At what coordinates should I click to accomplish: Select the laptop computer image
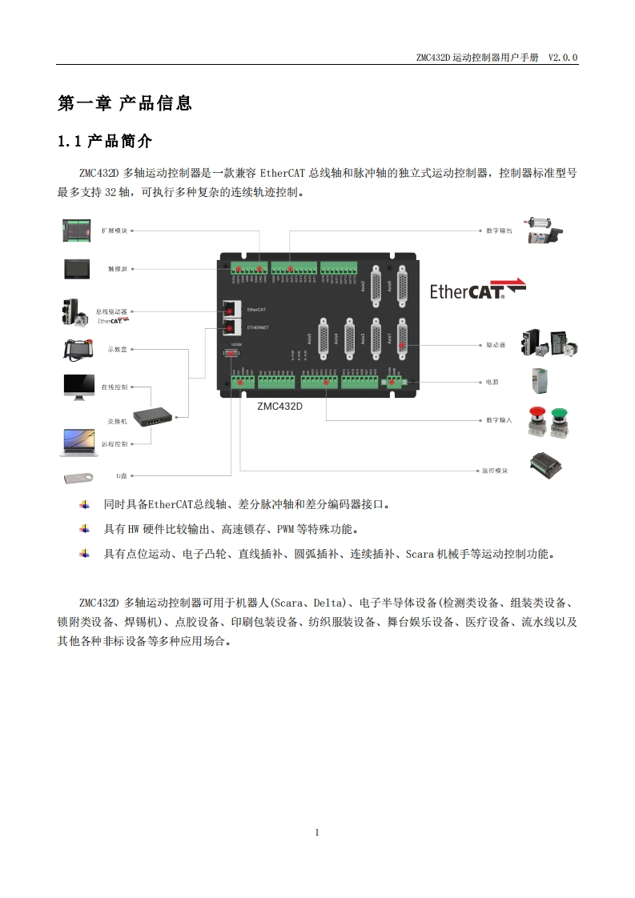coord(78,443)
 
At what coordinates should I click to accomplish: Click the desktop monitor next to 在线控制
coord(79,387)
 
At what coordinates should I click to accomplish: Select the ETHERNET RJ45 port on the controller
coord(231,328)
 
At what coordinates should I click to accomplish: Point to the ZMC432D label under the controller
coord(279,406)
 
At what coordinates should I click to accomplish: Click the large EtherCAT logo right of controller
coord(477,289)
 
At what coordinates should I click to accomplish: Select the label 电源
coord(492,383)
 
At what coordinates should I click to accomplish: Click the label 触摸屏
coord(118,270)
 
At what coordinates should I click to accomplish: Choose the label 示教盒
coord(118,349)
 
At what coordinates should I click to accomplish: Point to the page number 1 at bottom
coord(317,832)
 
